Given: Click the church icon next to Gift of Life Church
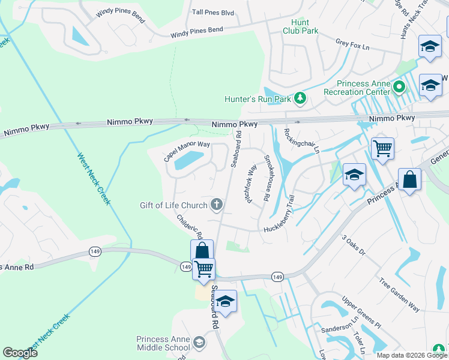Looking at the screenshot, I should [217, 206].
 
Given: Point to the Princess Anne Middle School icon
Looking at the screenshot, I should [199, 343].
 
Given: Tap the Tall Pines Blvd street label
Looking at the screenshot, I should [212, 12].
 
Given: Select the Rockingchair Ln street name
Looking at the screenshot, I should [301, 141].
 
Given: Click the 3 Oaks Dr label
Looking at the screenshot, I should [354, 245].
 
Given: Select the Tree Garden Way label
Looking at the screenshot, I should [399, 294].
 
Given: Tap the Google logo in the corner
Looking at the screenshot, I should [20, 352].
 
